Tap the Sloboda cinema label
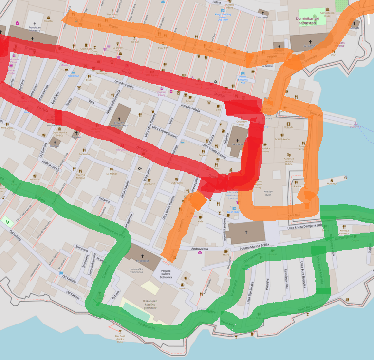coord(288,127)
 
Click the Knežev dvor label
coord(267,193)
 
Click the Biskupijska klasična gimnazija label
coord(146,304)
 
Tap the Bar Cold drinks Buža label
coord(120,339)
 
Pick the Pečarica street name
coord(104,200)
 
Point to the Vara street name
coord(91,102)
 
